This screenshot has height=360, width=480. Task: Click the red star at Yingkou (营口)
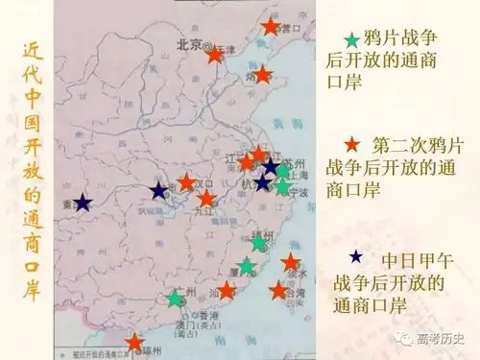(x=272, y=27)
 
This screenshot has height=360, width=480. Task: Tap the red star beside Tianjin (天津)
(x=215, y=55)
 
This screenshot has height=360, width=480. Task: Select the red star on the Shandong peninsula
(x=262, y=74)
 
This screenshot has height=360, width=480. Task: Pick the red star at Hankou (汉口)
(x=187, y=181)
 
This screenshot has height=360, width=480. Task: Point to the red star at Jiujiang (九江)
(x=206, y=199)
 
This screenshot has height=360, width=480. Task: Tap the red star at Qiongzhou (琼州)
(x=134, y=342)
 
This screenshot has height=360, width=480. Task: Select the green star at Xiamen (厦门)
(x=247, y=266)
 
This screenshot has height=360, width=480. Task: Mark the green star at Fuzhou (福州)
(x=258, y=244)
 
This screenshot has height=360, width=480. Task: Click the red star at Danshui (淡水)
(x=291, y=262)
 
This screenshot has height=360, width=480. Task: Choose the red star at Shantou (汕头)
(x=227, y=289)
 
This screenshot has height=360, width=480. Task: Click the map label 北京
(x=191, y=45)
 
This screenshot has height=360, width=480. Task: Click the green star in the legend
(x=352, y=40)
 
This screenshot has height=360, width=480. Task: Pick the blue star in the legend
(x=357, y=256)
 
